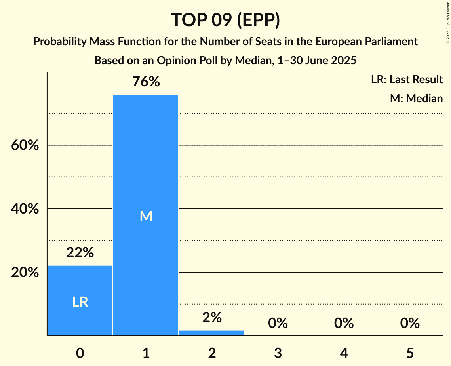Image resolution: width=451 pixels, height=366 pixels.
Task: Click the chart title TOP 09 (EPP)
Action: pyautogui.click(x=225, y=20)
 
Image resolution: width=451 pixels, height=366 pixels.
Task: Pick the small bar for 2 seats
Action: pyautogui.click(x=212, y=333)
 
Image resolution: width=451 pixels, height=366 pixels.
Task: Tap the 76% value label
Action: pyautogui.click(x=146, y=82)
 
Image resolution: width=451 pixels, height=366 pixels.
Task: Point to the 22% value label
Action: pyautogui.click(x=80, y=252)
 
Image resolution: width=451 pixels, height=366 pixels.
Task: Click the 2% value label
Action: pyautogui.click(x=212, y=317)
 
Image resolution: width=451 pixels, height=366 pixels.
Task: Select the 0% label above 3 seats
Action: pyautogui.click(x=278, y=323)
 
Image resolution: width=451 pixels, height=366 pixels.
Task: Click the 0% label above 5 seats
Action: pyautogui.click(x=409, y=323)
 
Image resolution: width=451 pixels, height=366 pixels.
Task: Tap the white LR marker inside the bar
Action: pyautogui.click(x=80, y=302)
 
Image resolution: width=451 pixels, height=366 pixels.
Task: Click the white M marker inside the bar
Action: pyautogui.click(x=146, y=216)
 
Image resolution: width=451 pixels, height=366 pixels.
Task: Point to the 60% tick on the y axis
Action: pyautogui.click(x=25, y=145)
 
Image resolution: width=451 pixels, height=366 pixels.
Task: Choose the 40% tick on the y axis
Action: pyautogui.click(x=25, y=209)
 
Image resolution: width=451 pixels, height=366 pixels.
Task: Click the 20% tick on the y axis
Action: pyautogui.click(x=25, y=273)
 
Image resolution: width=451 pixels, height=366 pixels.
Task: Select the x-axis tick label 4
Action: pyautogui.click(x=344, y=353)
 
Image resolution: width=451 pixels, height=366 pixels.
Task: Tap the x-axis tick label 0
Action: pyautogui.click(x=80, y=353)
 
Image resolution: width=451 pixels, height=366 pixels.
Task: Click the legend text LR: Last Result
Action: pyautogui.click(x=407, y=80)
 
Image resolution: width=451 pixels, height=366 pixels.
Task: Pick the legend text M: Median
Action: pyautogui.click(x=416, y=98)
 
